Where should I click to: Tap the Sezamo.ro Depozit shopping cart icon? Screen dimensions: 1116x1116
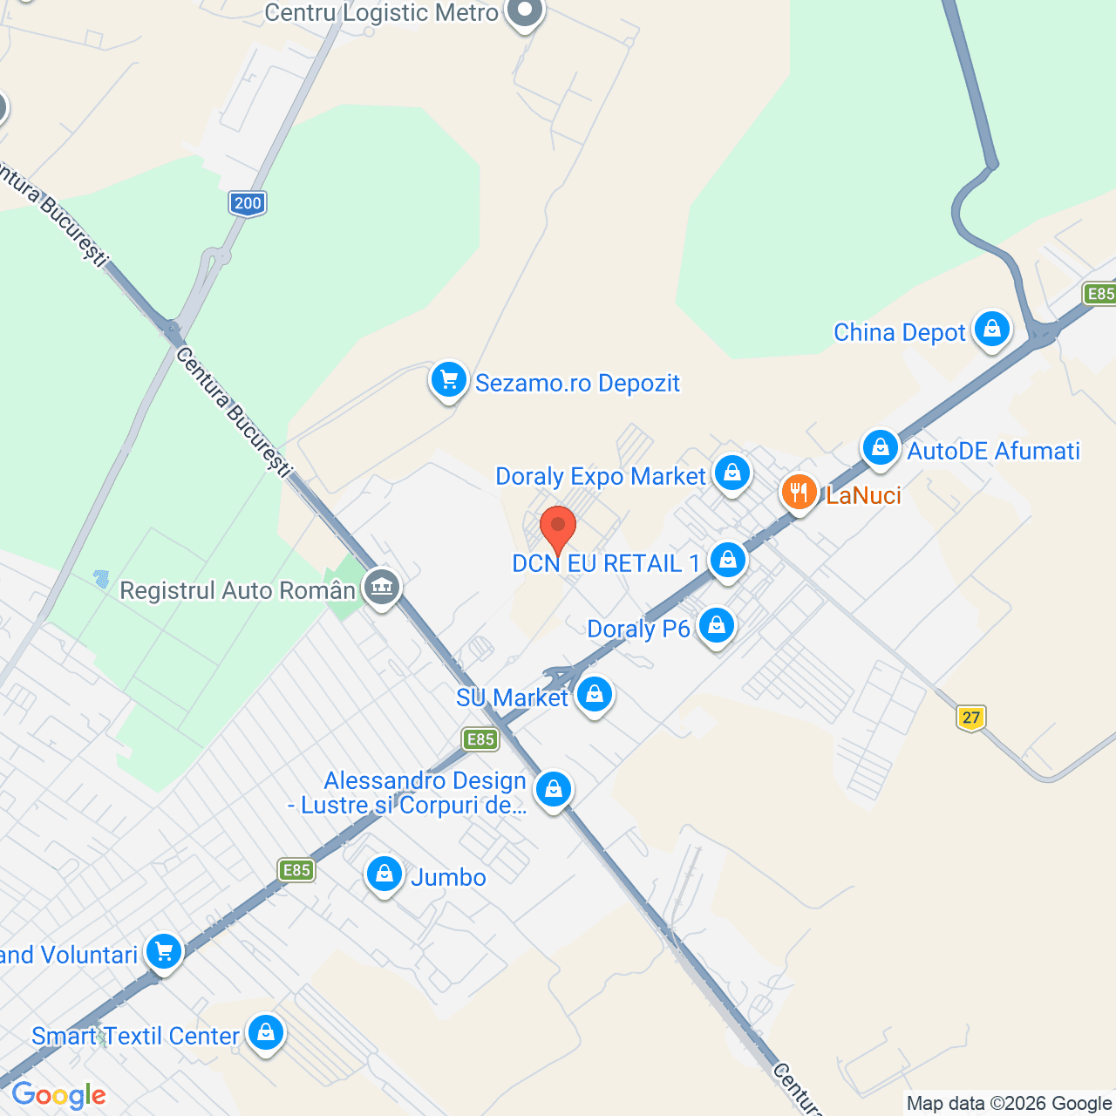click(x=449, y=380)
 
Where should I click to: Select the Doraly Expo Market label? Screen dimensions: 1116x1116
click(x=600, y=477)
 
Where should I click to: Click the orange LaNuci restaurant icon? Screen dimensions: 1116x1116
click(x=798, y=493)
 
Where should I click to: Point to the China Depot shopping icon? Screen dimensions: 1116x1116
click(x=991, y=330)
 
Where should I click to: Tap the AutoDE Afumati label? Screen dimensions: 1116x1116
click(x=993, y=451)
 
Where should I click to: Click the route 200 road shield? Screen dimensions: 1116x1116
click(x=248, y=203)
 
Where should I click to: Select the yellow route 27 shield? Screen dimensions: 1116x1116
click(x=970, y=718)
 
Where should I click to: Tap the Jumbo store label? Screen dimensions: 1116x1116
click(x=448, y=877)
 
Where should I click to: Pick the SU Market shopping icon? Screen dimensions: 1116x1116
click(x=595, y=695)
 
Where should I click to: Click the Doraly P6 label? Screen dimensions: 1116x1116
click(x=638, y=629)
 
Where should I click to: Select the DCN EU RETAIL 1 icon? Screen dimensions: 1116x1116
click(x=727, y=560)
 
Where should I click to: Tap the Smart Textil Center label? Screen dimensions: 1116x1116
click(x=135, y=1036)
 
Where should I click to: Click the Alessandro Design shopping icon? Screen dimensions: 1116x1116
click(x=553, y=790)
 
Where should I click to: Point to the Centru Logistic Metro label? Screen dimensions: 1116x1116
click(x=381, y=13)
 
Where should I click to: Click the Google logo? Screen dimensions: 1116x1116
click(x=58, y=1095)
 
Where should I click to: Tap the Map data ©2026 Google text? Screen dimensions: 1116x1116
click(x=1009, y=1104)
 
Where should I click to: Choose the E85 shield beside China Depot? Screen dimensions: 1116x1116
click(x=1099, y=293)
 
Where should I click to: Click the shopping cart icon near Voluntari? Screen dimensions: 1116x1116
click(x=164, y=952)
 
